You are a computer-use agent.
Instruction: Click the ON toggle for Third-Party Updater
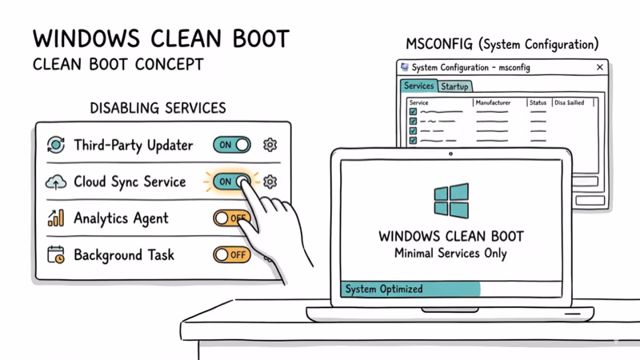231,145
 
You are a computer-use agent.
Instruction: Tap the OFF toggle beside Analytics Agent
231,218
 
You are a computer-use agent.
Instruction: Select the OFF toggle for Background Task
231,254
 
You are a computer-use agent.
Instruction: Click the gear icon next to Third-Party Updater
270,145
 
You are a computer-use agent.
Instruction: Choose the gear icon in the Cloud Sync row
270,182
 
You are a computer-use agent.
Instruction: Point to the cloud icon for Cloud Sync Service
56,182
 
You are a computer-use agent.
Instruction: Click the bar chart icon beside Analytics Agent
56,218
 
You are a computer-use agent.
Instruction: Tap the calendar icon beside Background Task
56,255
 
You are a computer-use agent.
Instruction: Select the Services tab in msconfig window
418,86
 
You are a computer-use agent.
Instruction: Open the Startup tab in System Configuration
454,86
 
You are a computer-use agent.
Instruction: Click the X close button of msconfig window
600,68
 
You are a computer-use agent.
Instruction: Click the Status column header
538,103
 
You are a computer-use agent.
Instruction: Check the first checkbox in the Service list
413,113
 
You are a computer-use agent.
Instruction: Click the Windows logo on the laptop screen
451,200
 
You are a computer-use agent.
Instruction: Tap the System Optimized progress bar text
383,289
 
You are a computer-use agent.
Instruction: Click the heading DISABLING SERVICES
158,108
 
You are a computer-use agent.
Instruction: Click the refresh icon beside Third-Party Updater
56,145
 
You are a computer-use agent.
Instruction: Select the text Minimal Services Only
450,254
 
